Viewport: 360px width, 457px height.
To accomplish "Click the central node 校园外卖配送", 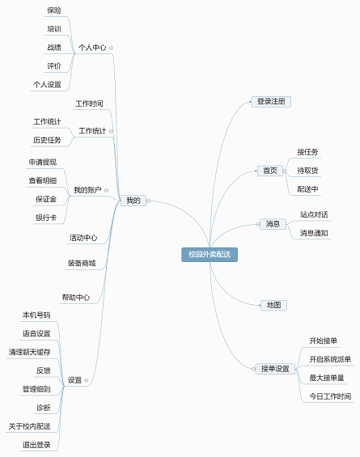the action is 210,255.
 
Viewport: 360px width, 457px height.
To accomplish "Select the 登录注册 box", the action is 271,101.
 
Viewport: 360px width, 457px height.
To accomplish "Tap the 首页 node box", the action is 270,171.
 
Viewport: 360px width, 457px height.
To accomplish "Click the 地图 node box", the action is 273,305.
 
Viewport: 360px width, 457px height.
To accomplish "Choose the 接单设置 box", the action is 275,369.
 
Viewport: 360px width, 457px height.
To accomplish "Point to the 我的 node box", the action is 133,201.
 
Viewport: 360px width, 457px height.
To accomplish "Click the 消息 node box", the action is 273,224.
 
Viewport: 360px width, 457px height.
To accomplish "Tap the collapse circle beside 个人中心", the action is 111,48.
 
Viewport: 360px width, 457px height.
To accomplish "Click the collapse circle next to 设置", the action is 87,380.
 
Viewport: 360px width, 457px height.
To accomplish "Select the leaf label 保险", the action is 54,11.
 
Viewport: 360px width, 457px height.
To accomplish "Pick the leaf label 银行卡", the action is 46,218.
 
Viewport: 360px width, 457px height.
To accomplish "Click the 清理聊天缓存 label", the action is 30,352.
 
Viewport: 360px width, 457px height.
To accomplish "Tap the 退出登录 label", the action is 36,445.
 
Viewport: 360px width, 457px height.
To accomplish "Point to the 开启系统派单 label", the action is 330,359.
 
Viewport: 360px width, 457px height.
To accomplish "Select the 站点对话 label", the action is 314,214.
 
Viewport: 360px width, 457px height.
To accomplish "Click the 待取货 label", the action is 307,171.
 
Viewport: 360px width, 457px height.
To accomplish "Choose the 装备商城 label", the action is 82,263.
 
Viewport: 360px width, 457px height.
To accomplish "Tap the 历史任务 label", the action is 47,140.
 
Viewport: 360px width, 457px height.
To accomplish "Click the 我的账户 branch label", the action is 87,190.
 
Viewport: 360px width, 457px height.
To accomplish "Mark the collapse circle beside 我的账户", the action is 107,191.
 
